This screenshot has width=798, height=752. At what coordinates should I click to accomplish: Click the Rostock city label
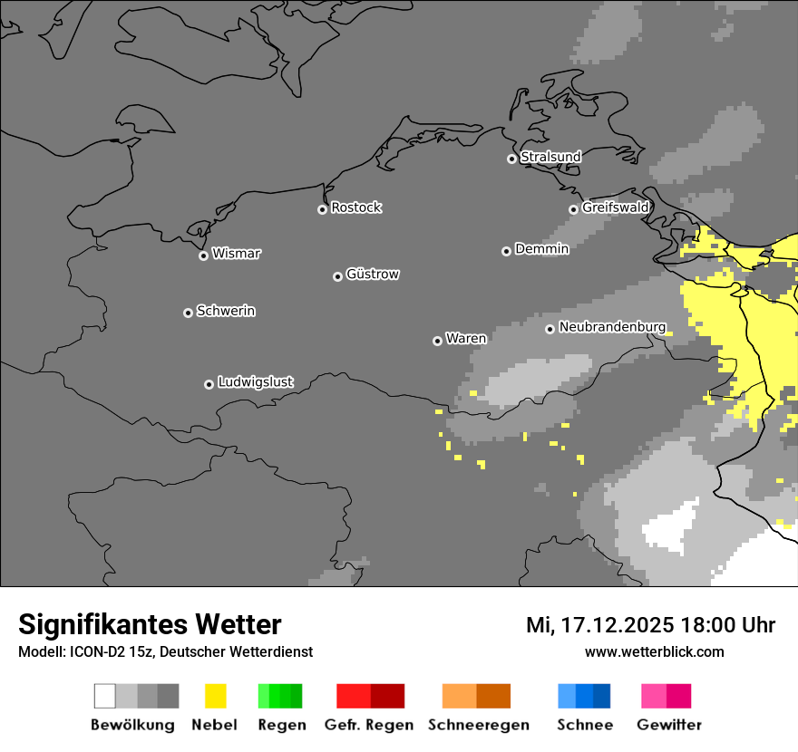pos(355,207)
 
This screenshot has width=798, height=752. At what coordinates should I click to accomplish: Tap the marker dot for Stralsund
pos(511,159)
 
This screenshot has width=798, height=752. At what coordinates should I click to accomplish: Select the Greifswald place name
pos(615,207)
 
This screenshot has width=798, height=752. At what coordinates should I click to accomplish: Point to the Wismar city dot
pos(203,255)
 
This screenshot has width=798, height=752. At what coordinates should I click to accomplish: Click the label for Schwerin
pos(226,311)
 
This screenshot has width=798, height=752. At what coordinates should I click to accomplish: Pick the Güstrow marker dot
pos(337,276)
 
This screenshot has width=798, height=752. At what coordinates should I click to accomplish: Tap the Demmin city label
pos(541,248)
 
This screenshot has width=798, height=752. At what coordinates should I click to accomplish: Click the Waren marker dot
pos(437,341)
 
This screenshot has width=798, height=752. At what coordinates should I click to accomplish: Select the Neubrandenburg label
pos(612,327)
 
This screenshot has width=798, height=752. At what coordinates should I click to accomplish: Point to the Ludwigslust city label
pos(255,382)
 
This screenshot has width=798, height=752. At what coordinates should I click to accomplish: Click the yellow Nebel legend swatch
pos(215,696)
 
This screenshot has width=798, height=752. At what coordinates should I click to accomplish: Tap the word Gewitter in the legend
pos(668,725)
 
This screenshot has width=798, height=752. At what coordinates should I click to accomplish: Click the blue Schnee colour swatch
pos(584,696)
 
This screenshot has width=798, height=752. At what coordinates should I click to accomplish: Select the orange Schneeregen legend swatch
pos(476,696)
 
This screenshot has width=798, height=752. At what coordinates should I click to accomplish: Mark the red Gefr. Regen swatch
pos(370,696)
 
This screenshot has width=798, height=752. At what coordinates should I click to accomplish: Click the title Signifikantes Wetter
pos(150,624)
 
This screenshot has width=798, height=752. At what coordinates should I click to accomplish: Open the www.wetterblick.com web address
pos(654,651)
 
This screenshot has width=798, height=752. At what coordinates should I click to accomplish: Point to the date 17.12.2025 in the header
pos(617,625)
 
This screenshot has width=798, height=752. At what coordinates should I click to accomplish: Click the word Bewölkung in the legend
pos(132,725)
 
